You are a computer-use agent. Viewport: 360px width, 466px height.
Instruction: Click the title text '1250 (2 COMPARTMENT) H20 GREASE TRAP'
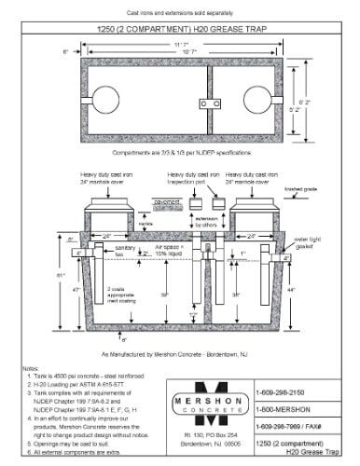(x=181, y=29)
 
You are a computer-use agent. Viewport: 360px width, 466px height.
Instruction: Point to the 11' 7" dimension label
(x=181, y=44)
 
